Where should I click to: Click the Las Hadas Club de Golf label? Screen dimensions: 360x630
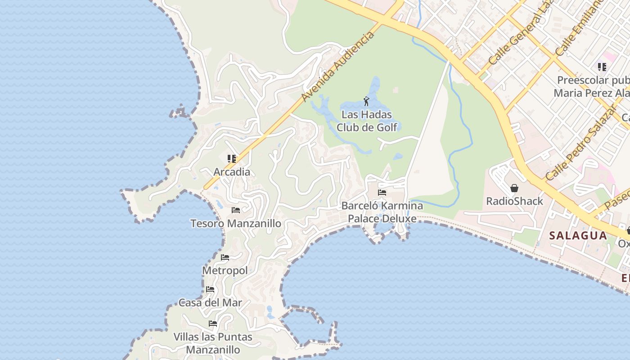pos(367,121)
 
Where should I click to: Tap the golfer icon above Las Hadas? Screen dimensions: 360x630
pos(366,101)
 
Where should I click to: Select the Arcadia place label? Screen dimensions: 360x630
pos(232,172)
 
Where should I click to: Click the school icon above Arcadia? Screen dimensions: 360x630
pos(232,158)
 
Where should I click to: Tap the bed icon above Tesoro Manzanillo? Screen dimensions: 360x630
pos(235,210)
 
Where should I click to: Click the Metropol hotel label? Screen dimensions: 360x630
pos(225,271)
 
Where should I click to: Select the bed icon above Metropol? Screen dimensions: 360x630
pos(225,257)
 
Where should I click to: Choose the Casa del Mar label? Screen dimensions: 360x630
pos(210,303)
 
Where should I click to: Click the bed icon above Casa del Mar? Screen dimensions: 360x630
pos(210,289)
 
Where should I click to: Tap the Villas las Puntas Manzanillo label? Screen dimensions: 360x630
pos(213,343)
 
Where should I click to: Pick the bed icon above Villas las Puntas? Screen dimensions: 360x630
pos(213,324)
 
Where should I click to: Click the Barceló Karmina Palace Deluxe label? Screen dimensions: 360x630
pos(382,212)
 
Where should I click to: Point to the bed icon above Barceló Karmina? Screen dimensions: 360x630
pos(382,193)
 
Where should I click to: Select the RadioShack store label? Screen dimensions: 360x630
pos(514,201)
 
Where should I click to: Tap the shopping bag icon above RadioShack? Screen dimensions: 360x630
pos(514,188)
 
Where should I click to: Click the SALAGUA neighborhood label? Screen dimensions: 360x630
pos(578,235)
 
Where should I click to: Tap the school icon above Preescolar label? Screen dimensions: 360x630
pos(602,67)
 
